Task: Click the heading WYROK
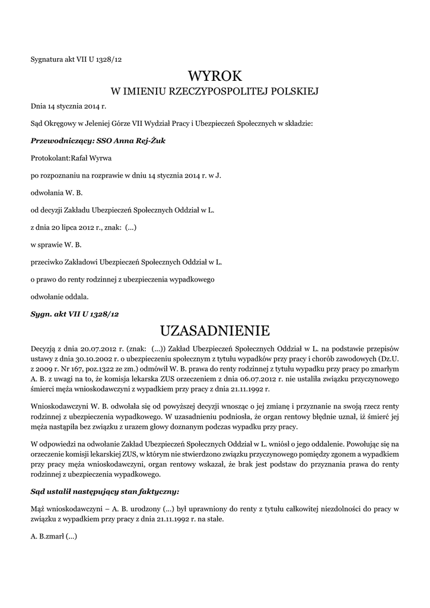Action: point(215,75)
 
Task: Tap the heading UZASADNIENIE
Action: point(215,330)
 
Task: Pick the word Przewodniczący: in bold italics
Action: point(58,141)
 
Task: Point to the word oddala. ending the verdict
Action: point(77,296)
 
